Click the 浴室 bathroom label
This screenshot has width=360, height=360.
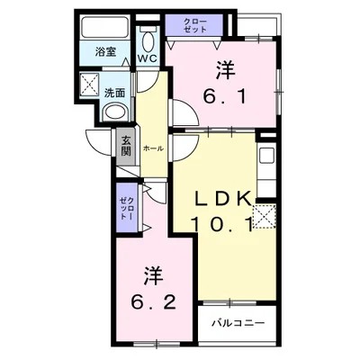point(105,53)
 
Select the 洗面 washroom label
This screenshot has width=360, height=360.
point(114,91)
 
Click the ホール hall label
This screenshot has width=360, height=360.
point(152,147)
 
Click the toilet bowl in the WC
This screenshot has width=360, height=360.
point(149,40)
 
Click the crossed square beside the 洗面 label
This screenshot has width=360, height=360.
point(90,86)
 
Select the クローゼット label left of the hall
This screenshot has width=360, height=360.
point(126,212)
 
